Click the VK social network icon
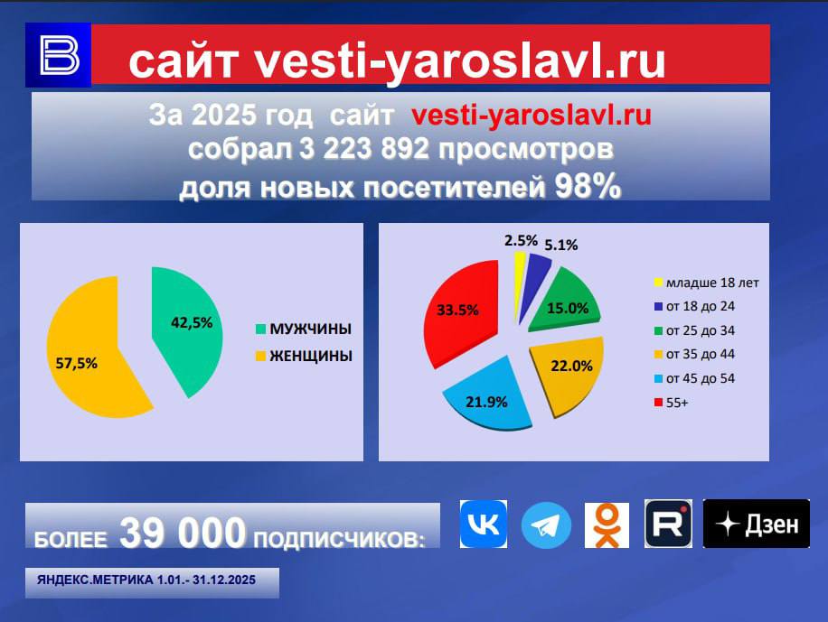(484, 524)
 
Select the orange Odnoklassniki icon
(607, 525)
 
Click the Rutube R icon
(668, 524)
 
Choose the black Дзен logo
(757, 524)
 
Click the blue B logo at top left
(59, 55)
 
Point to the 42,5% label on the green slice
(192, 322)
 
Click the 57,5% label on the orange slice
(77, 363)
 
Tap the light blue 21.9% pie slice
(488, 393)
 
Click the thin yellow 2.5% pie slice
(519, 280)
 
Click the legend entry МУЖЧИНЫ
(304, 329)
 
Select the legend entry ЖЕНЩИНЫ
(304, 356)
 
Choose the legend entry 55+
(671, 403)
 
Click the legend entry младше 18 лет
(707, 283)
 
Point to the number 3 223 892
(364, 149)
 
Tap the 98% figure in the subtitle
(588, 186)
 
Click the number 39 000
(183, 533)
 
